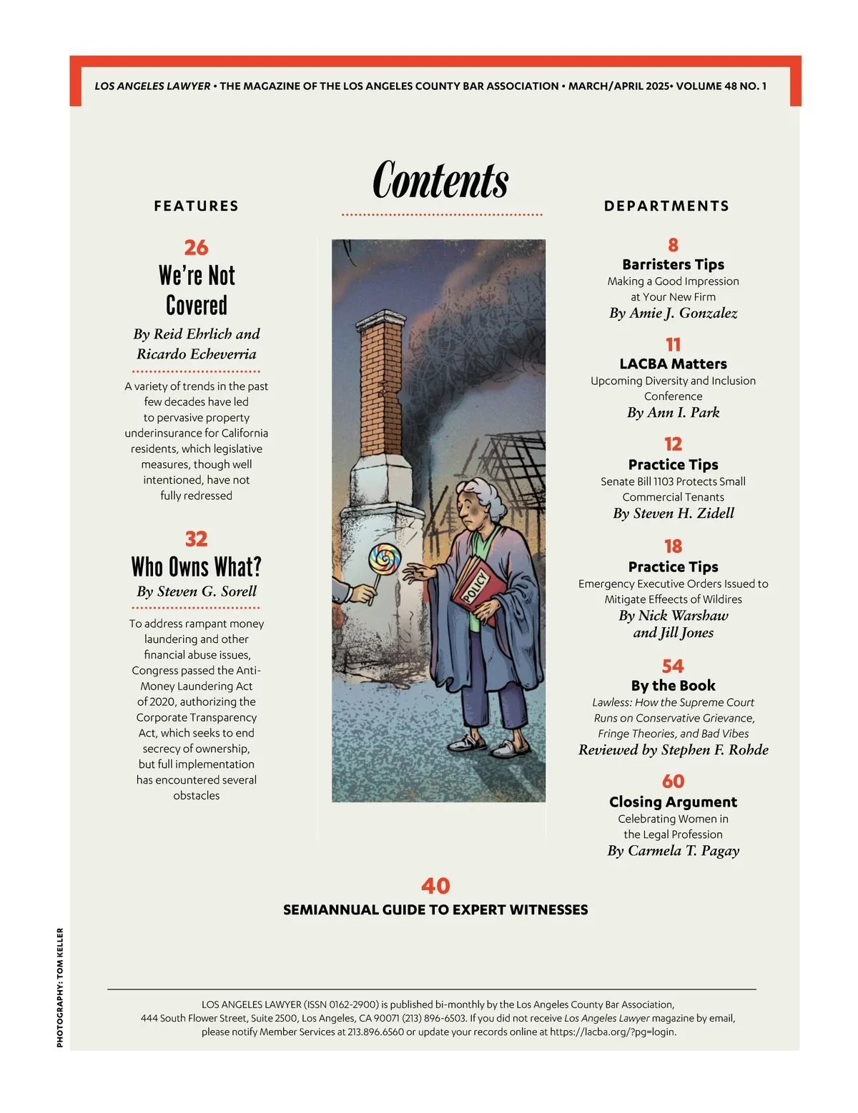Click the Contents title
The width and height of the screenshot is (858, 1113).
pos(440,180)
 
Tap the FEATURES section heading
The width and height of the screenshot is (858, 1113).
pos(196,206)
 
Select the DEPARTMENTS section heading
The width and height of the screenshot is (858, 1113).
pos(666,206)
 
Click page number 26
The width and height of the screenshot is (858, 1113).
pos(196,247)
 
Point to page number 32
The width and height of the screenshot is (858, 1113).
pos(196,539)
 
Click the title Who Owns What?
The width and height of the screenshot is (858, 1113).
pos(196,567)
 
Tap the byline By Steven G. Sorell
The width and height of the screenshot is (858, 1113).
pos(196,592)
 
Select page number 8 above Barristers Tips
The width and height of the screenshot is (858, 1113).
pos(673,245)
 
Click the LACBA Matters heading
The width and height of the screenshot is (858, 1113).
pos(673,364)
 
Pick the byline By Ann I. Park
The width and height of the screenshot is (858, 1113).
pos(673,412)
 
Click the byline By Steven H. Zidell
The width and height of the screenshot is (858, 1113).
pos(673,513)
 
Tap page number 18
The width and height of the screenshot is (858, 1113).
pos(673,546)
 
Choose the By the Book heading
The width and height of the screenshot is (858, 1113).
pos(673,685)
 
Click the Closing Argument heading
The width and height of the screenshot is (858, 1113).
pos(673,802)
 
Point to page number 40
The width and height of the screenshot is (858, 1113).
pos(435,886)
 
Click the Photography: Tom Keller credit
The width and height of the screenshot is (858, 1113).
pos(60,987)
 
